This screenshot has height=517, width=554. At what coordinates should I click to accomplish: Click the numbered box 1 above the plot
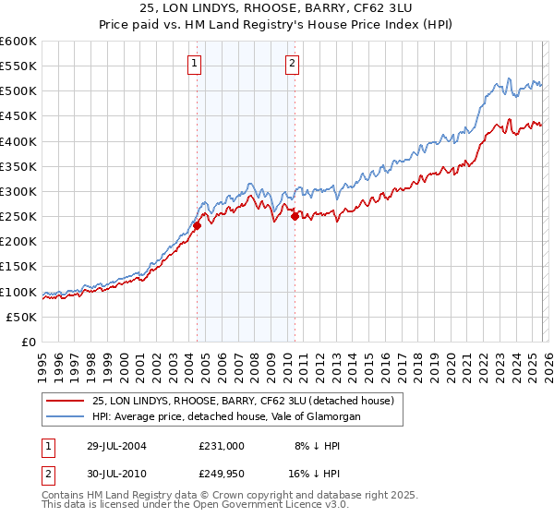click(196, 64)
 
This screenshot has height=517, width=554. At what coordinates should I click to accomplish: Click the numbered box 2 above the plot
click(292, 64)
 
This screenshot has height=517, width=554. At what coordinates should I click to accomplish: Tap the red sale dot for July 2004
click(197, 225)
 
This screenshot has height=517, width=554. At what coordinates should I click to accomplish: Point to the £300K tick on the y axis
click(18, 191)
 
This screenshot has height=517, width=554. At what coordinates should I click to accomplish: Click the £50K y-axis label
click(20, 317)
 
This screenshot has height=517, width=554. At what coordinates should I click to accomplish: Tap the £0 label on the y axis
click(29, 342)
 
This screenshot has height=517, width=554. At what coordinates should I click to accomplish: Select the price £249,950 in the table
click(221, 475)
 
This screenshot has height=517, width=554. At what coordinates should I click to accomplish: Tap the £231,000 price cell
click(221, 445)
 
